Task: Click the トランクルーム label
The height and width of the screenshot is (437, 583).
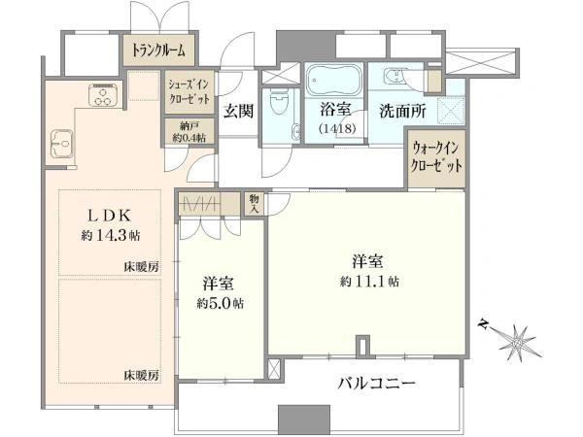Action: pos(158,50)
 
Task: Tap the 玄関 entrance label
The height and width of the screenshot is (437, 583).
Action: pos(238,111)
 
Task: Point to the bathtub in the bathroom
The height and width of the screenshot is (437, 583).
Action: pos(334,81)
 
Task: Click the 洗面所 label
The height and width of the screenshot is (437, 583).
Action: pos(402,111)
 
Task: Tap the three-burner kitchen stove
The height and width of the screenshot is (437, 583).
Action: pos(103,95)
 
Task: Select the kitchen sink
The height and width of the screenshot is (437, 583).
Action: pos(61,143)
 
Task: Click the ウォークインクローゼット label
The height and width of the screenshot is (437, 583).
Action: pos(436,157)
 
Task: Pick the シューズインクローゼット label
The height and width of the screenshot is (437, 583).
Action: pos(189,92)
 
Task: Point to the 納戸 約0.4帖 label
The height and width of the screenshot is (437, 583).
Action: pos(189,131)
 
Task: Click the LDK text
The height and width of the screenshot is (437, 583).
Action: pos(109,216)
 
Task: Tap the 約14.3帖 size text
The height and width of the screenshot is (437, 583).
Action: pos(111,235)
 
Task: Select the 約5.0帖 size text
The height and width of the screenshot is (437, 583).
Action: pos(221,304)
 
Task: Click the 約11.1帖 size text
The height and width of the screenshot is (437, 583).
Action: pos(369,282)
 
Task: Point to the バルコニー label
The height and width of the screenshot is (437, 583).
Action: pos(376,383)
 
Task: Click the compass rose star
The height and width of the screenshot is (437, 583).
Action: pos(518,343)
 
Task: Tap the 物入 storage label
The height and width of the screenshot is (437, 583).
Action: pos(255,204)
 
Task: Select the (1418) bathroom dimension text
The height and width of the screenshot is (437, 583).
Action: pos(337,128)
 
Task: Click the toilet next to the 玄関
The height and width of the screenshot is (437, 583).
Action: pos(279,102)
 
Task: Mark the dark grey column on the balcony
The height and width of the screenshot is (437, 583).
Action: pos(304,418)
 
